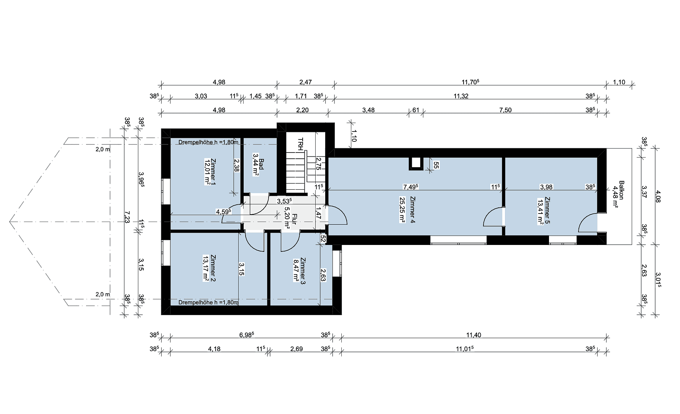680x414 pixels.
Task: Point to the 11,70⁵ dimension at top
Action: click(470, 82)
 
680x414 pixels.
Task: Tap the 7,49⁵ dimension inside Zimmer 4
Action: click(410, 187)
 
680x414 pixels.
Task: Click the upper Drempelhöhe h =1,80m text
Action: click(208, 143)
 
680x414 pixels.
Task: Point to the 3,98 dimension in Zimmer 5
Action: click(546, 187)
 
